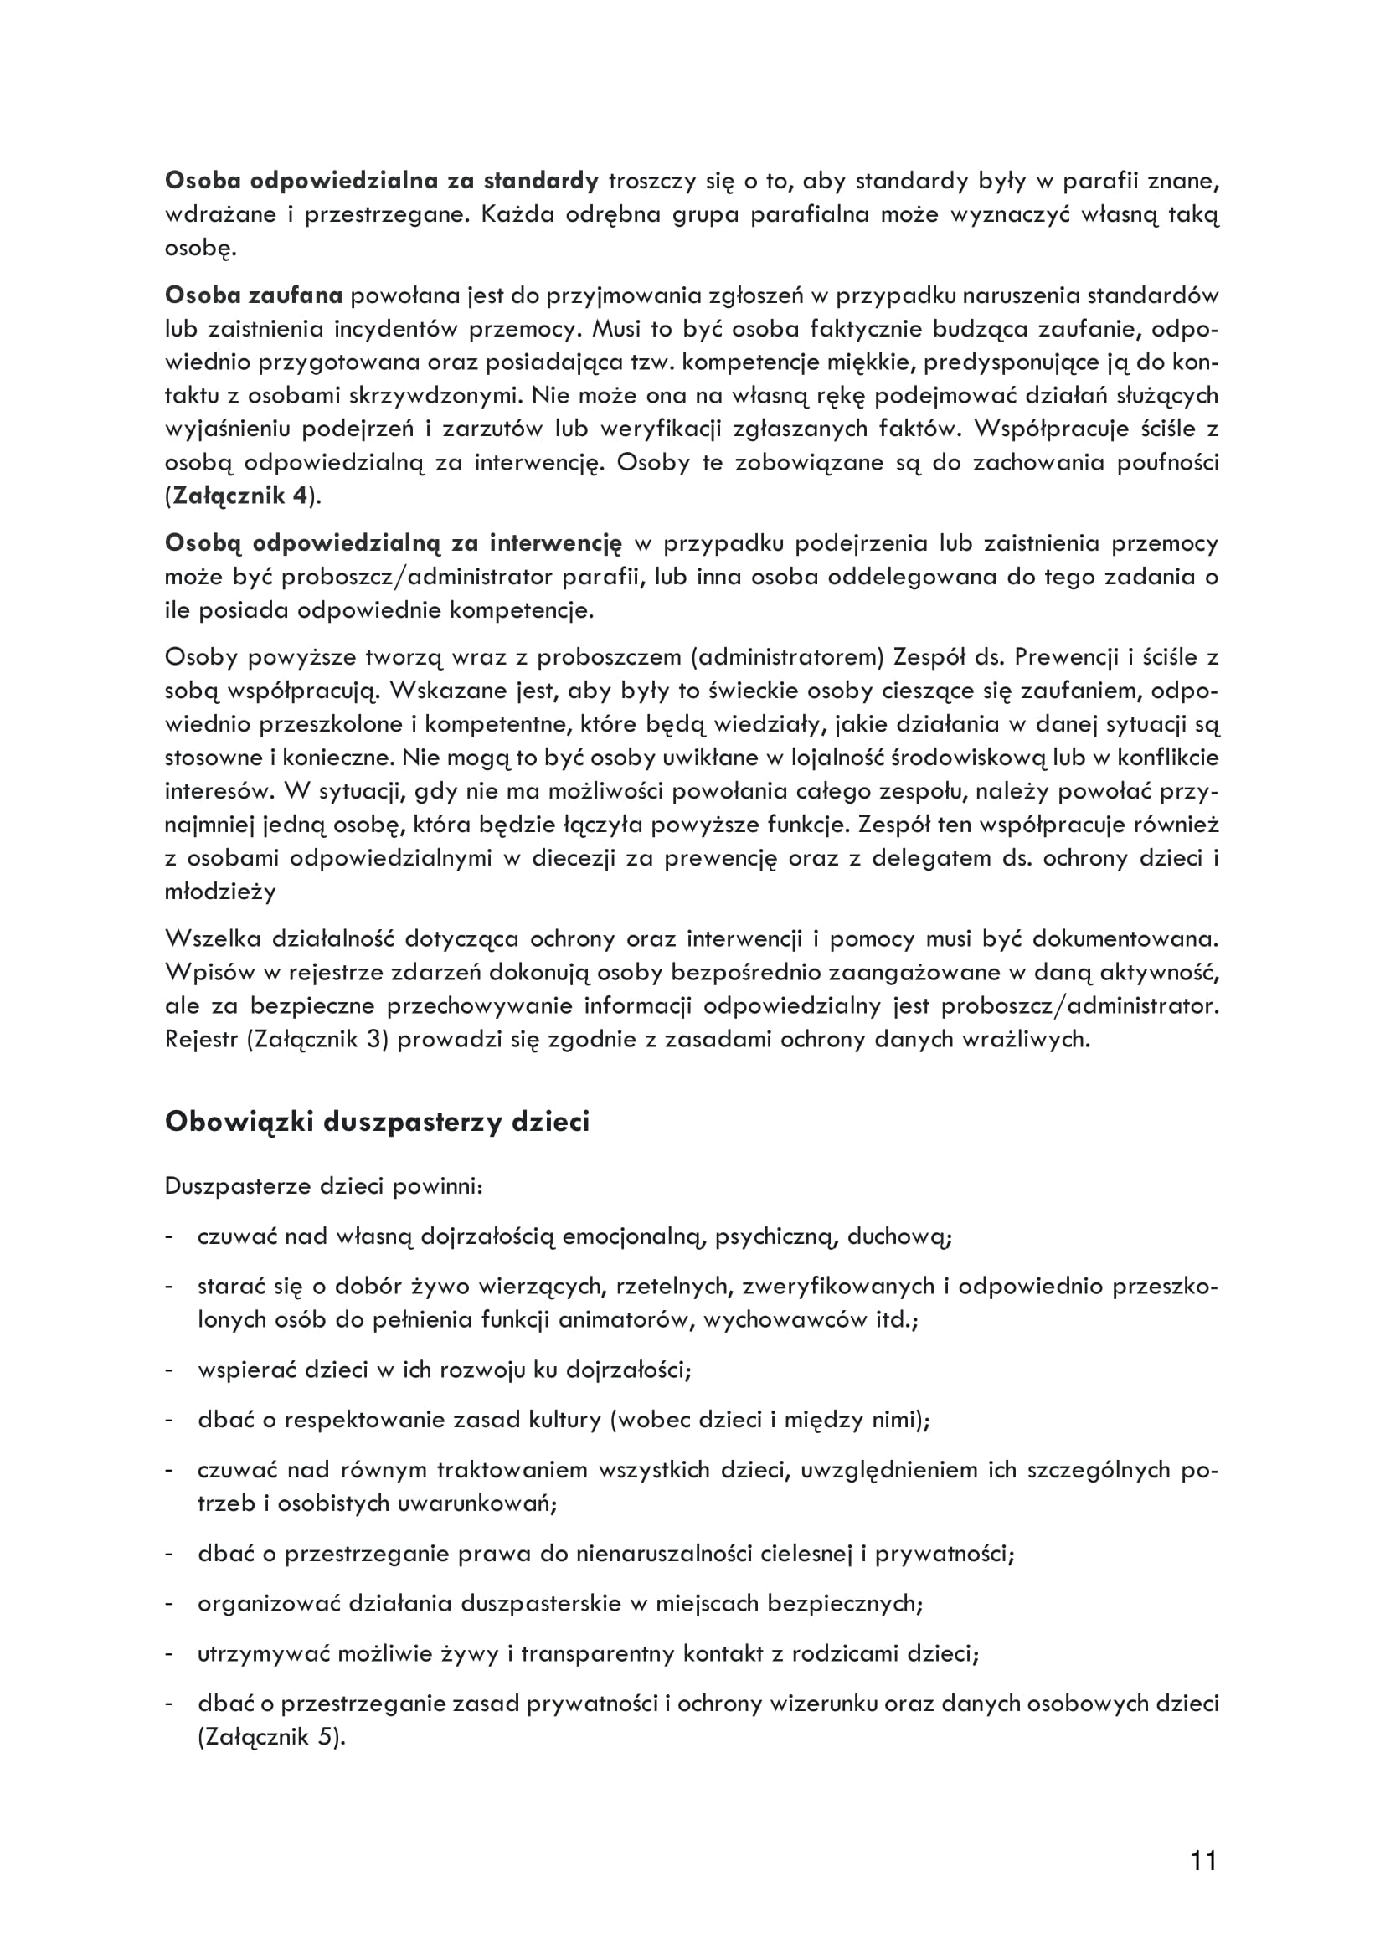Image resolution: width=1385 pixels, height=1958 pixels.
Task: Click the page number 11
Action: [x=1203, y=1861]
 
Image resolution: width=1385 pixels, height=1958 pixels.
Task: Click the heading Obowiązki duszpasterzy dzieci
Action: [x=377, y=1122]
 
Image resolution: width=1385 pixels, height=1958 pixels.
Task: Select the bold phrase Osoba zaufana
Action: [x=253, y=295]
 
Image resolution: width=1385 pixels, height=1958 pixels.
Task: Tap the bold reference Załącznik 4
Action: [x=240, y=496]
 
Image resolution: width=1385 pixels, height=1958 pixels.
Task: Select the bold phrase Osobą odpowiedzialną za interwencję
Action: [x=394, y=542]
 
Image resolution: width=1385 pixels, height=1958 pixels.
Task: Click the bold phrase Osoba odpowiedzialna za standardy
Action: [x=382, y=181]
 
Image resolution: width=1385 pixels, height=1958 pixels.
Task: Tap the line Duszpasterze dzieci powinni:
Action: [x=324, y=1186]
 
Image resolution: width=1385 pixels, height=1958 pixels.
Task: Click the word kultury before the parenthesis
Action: [x=565, y=1420]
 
